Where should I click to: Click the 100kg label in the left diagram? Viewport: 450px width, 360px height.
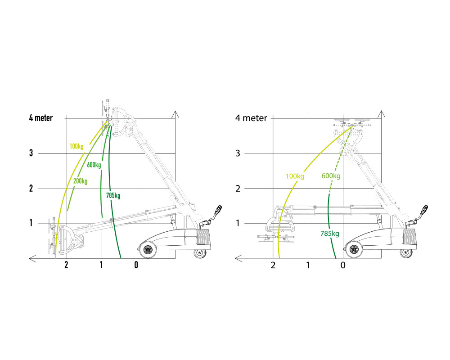pos(76,146)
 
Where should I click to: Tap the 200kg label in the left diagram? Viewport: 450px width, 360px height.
pos(81,181)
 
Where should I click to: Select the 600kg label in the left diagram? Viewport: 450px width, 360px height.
pos(94,165)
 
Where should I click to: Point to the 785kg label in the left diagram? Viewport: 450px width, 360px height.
pos(113,195)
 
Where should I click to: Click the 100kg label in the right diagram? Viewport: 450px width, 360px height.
pos(295,176)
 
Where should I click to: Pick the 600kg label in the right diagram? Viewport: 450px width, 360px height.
pos(331,175)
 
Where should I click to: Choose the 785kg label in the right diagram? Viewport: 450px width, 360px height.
pos(330,234)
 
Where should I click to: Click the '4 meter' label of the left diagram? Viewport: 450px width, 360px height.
pos(41,118)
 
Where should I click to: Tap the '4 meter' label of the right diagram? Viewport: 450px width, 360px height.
pos(251,118)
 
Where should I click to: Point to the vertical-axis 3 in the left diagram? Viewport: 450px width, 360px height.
pos(31,153)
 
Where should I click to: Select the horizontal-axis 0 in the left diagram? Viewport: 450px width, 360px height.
pos(136,265)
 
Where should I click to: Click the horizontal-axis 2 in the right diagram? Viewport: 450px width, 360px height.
pos(273,265)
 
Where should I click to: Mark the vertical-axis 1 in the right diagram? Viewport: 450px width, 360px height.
pos(238,223)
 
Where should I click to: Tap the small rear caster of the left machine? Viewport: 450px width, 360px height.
pos(200,253)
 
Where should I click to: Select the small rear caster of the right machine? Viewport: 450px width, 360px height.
pos(406,253)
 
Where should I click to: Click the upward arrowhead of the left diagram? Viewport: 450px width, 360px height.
pos(175,114)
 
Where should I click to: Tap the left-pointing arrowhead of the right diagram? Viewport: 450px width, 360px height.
pos(238,258)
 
